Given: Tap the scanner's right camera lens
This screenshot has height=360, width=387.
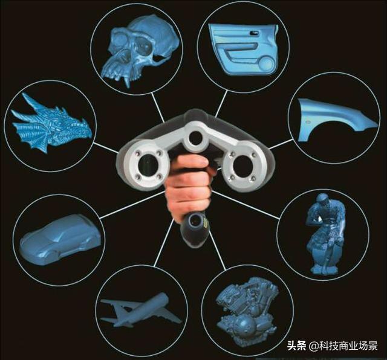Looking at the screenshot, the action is pos(242,166).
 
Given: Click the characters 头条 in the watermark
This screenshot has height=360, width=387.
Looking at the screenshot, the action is pos(296,346).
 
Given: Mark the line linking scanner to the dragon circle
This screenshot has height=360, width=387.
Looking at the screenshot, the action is pos(106,148).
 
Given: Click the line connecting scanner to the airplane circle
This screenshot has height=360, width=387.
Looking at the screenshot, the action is pos(163,243).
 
